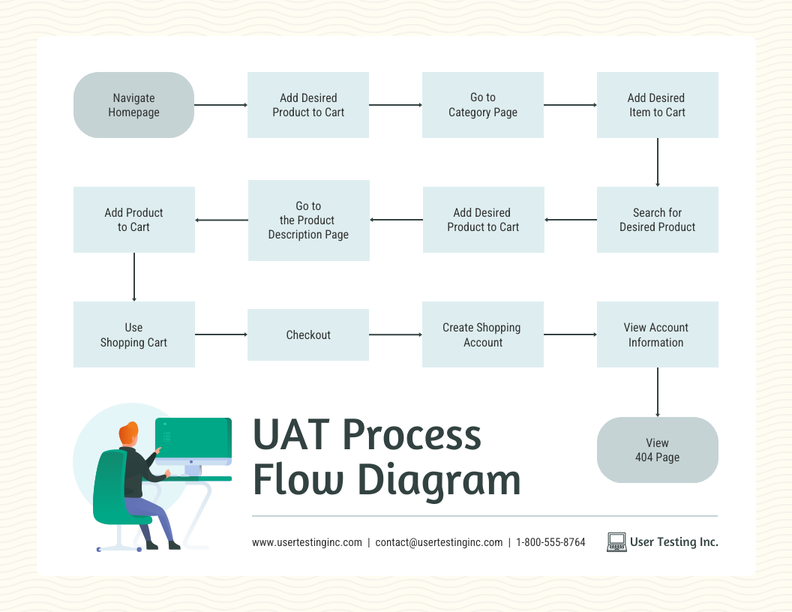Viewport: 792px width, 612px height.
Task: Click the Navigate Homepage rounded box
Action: coord(133,105)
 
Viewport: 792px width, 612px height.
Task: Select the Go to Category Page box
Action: coord(482,105)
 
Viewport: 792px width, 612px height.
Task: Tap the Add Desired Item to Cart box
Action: coord(657,105)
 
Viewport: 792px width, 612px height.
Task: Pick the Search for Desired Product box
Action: coord(657,220)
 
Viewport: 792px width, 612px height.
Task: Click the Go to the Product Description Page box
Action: coord(308,220)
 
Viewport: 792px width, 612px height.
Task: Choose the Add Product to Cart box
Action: coord(133,220)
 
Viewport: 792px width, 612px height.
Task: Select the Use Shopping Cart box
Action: coord(133,334)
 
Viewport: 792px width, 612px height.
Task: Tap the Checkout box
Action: coord(307,334)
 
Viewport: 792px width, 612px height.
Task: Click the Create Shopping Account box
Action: coord(482,334)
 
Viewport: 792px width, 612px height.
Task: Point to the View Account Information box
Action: coord(657,334)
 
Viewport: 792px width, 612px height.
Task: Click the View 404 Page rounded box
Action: coord(657,450)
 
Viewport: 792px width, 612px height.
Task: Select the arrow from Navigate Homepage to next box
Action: coord(220,105)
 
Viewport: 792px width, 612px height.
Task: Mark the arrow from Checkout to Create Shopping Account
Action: coord(395,334)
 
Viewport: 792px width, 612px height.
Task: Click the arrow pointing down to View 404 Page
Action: coord(658,391)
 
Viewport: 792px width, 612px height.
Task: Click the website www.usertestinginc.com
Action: coord(307,542)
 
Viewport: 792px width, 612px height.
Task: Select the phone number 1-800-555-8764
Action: coord(550,542)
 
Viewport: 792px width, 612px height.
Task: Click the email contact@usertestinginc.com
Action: coord(439,542)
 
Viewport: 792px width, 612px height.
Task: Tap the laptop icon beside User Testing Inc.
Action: coord(616,542)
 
